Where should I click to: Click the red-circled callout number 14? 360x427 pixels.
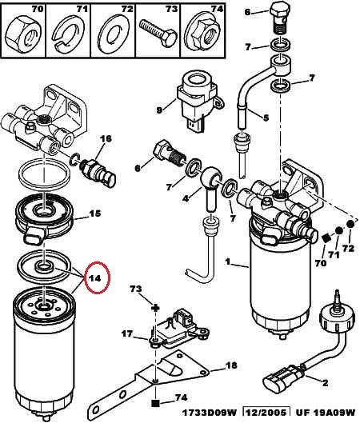[x=95, y=278]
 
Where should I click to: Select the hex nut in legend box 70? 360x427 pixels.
[x=22, y=34]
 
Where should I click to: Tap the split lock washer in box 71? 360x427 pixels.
[x=68, y=34]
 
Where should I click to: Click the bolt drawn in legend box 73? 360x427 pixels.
[x=158, y=34]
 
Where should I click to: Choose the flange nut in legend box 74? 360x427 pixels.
[x=203, y=33]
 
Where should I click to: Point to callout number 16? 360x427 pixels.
[x=106, y=138]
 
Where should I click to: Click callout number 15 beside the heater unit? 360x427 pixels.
[x=95, y=213]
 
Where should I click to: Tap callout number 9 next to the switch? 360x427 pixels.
[x=159, y=110]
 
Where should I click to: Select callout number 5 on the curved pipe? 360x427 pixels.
[x=266, y=118]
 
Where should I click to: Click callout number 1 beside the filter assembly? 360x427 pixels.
[x=227, y=262]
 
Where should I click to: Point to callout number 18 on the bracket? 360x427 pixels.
[x=231, y=365]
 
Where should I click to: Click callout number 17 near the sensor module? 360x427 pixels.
[x=127, y=333]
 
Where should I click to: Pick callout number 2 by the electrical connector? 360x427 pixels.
[x=325, y=383]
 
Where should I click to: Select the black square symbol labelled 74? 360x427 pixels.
[x=155, y=403]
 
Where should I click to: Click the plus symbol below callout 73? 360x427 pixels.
[x=155, y=309]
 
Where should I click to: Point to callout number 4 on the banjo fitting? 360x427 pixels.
[x=186, y=198]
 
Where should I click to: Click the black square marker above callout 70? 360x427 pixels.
[x=326, y=238]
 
